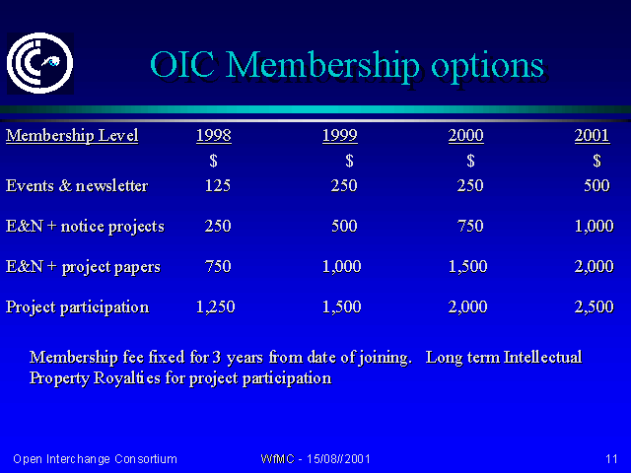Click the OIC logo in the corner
39,63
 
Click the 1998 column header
214,136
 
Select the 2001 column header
592,136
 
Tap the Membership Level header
72,136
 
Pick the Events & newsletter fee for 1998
218,185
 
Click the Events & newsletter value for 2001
596,185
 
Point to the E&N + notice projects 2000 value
470,226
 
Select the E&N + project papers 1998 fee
218,266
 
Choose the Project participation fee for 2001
594,306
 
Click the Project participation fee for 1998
215,306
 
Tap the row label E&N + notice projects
85,227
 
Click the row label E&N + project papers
83,267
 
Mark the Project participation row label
77,307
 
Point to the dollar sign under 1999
349,161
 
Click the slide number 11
611,459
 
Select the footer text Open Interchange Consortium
95,459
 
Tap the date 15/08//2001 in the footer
338,459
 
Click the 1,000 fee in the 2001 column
594,226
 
